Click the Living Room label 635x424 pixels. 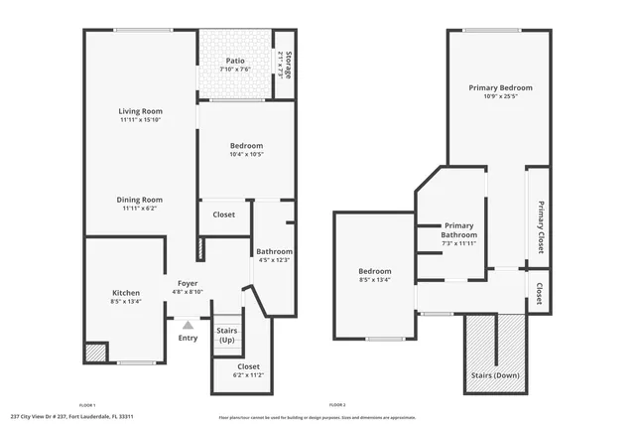(x=140, y=111)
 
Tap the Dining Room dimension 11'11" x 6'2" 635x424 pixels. (x=140, y=209)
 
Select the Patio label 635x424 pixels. (x=235, y=61)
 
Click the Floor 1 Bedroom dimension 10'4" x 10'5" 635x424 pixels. (x=246, y=154)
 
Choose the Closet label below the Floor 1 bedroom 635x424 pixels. (x=224, y=214)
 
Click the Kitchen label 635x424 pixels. (x=126, y=293)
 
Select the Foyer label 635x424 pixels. (x=188, y=283)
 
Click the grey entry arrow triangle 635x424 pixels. (x=188, y=324)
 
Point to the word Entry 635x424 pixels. (x=188, y=338)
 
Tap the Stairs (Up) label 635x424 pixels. (x=226, y=336)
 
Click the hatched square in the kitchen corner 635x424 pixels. (x=95, y=353)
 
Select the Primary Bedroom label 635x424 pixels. (x=500, y=88)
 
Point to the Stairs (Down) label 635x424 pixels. (x=493, y=376)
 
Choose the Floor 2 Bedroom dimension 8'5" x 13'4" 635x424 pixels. (x=374, y=280)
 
